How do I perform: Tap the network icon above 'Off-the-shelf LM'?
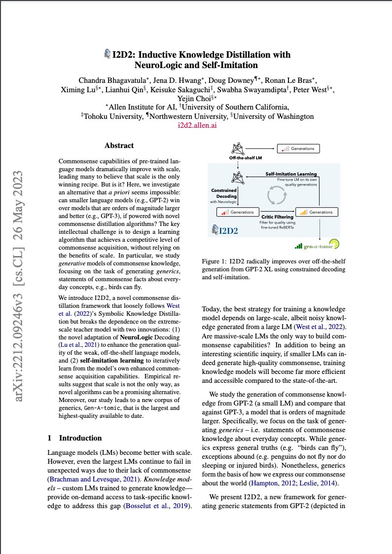coord(238,148)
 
